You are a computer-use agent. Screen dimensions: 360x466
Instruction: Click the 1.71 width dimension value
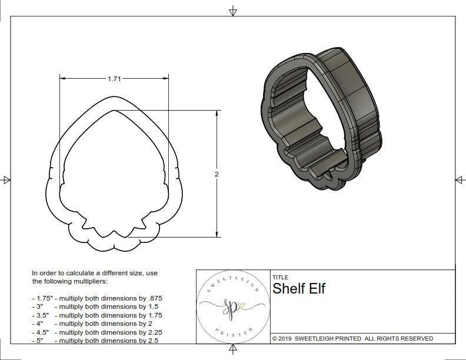point(114,79)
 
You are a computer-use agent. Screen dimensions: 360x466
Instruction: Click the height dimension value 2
point(217,174)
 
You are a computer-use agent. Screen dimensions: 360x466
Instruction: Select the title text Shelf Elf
point(298,288)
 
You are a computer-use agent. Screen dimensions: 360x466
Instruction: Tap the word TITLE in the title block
point(280,277)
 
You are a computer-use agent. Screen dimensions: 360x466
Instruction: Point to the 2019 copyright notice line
point(352,338)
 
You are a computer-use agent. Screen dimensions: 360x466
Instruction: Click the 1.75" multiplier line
point(96,298)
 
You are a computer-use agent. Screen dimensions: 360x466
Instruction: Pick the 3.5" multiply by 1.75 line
point(96,315)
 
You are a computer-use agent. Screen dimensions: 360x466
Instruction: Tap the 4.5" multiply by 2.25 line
point(96,332)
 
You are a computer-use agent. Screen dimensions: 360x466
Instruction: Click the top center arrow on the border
point(233,11)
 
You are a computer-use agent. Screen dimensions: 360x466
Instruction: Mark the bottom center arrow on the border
point(233,351)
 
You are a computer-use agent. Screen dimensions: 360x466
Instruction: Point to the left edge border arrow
point(6,179)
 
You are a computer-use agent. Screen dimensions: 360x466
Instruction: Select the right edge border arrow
point(459,179)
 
